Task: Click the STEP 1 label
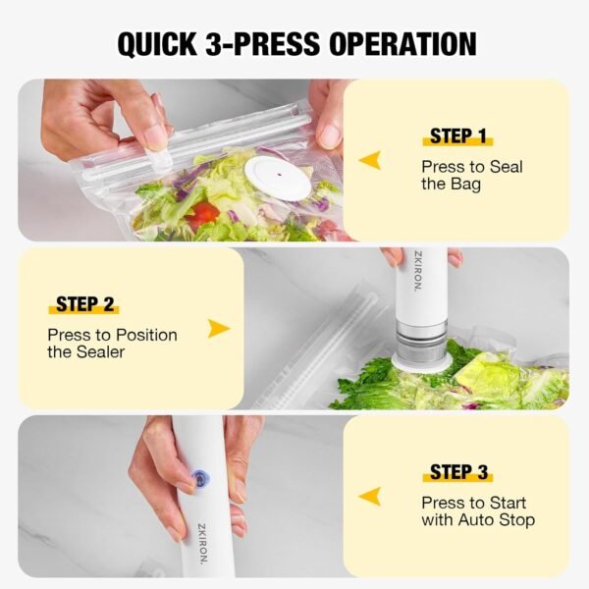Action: [457, 136]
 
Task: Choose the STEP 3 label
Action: [458, 472]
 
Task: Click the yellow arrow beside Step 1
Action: [370, 160]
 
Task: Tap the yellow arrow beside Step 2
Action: [219, 329]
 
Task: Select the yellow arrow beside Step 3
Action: [370, 496]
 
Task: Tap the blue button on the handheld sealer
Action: [203, 479]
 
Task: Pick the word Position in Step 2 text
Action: [146, 335]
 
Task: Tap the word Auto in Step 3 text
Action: [477, 519]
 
